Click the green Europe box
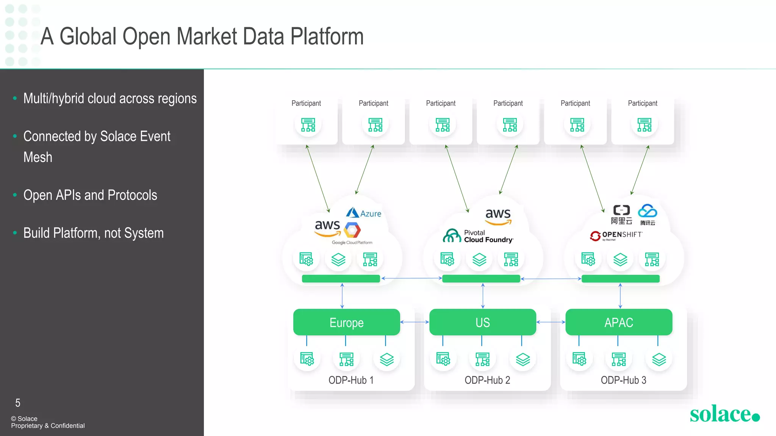[x=346, y=322]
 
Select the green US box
[x=482, y=322]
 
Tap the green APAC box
[x=618, y=322]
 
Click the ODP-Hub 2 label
[x=487, y=380]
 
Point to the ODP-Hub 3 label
[x=623, y=380]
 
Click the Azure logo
[x=364, y=213]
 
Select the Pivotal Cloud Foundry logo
[x=478, y=236]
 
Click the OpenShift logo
[x=616, y=235]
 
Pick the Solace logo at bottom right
[x=724, y=414]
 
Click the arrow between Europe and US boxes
[x=415, y=322]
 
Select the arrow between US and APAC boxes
[x=551, y=322]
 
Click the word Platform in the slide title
[x=327, y=37]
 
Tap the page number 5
[x=18, y=403]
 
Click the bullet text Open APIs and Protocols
[x=90, y=195]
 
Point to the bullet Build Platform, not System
[x=93, y=233]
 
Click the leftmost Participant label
[x=306, y=103]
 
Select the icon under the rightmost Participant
[x=644, y=125]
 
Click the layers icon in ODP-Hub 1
[x=386, y=359]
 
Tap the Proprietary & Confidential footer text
[x=48, y=426]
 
